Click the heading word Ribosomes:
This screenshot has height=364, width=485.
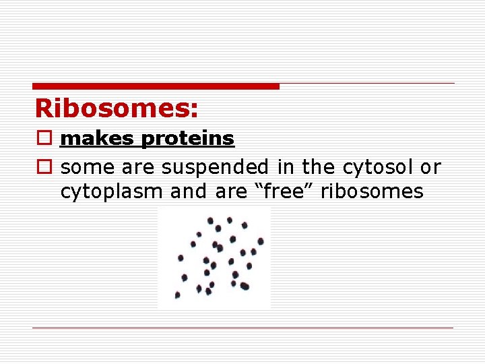coord(117,109)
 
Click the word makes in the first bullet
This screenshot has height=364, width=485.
coord(98,139)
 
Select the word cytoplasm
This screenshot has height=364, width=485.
coord(112,192)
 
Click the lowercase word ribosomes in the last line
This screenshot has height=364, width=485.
coord(372,191)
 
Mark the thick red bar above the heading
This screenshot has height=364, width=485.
coord(156,86)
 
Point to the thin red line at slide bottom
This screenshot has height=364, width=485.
coord(243,328)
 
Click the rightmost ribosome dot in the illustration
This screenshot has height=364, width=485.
coord(261,241)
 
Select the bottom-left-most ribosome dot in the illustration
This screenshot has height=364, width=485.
coord(178,295)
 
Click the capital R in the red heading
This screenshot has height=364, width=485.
coord(44,109)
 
